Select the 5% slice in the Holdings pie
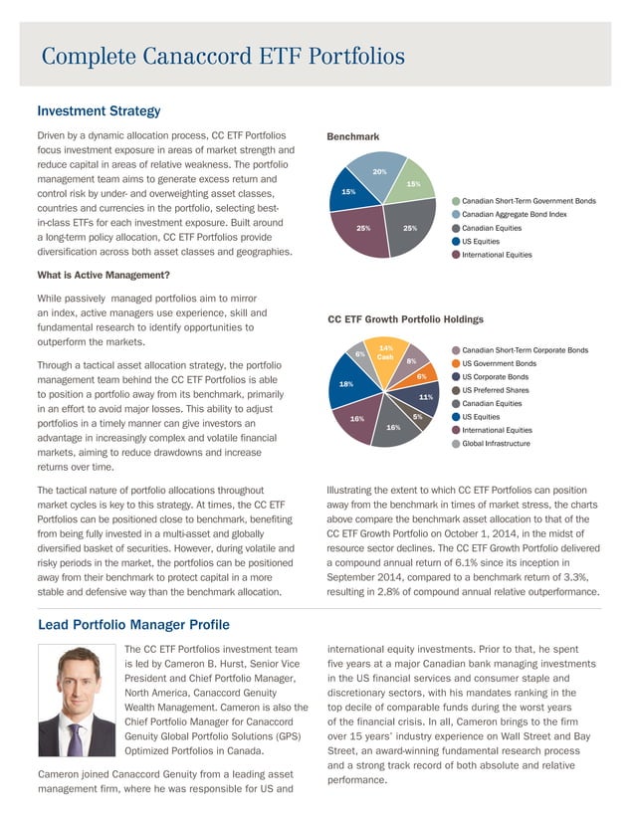coord(416,417)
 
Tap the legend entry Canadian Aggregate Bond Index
coord(515,214)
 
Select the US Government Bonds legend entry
coord(502,363)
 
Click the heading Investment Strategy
coord(99,110)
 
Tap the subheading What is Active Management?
coord(103,276)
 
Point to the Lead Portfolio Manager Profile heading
coord(132,624)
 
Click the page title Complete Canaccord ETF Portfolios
coord(223,56)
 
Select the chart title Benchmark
coord(355,136)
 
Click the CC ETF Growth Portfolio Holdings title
coord(405,319)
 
